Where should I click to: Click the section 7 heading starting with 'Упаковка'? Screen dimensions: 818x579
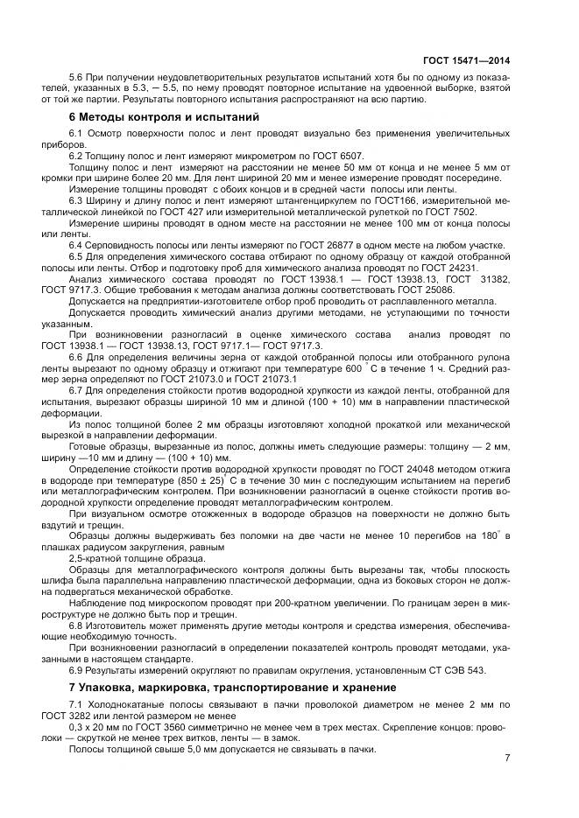click(231, 689)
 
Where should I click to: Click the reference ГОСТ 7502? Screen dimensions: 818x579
click(452, 211)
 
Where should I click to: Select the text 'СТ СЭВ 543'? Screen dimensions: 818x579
click(454, 670)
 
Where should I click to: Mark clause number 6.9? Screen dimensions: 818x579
click(77, 670)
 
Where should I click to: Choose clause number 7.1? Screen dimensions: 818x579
click(77, 705)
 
